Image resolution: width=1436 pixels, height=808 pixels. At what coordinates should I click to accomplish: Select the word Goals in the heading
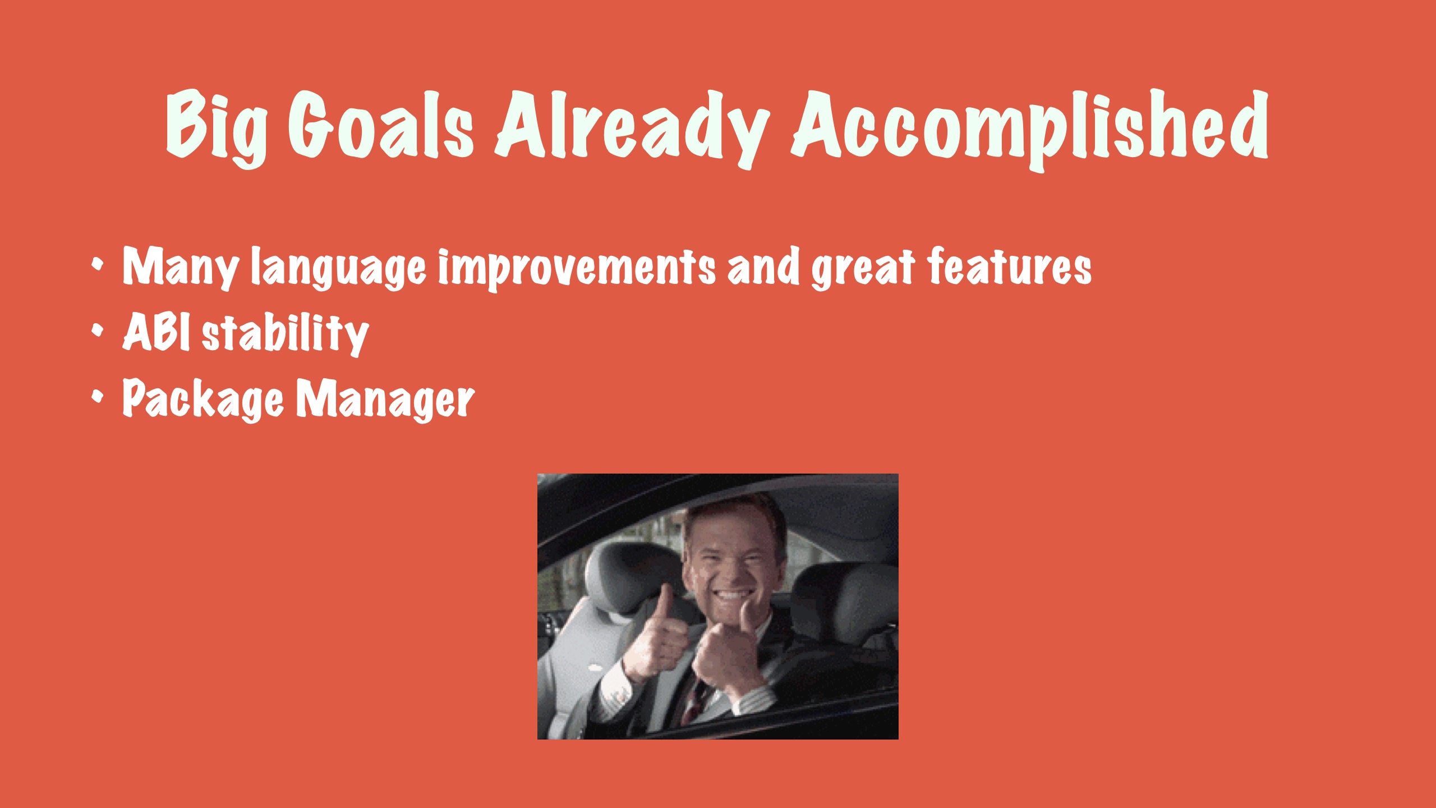(381, 124)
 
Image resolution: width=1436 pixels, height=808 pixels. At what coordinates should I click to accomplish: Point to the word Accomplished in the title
(1030, 129)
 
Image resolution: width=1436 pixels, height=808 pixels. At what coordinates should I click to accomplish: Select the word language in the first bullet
(338, 269)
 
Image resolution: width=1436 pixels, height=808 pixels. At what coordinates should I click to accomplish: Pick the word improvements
(577, 269)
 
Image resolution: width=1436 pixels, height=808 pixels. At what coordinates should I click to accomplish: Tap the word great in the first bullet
(864, 269)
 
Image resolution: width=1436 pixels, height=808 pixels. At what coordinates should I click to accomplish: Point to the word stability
(285, 334)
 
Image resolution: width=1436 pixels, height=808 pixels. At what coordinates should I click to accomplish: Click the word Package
(203, 399)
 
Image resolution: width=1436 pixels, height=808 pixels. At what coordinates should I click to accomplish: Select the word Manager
(385, 399)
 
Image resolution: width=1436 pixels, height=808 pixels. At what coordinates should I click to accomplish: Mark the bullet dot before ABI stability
(98, 331)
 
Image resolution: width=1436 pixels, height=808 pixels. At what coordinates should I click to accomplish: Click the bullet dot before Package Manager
(98, 397)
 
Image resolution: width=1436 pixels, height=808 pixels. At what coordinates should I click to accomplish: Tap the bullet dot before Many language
(98, 264)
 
